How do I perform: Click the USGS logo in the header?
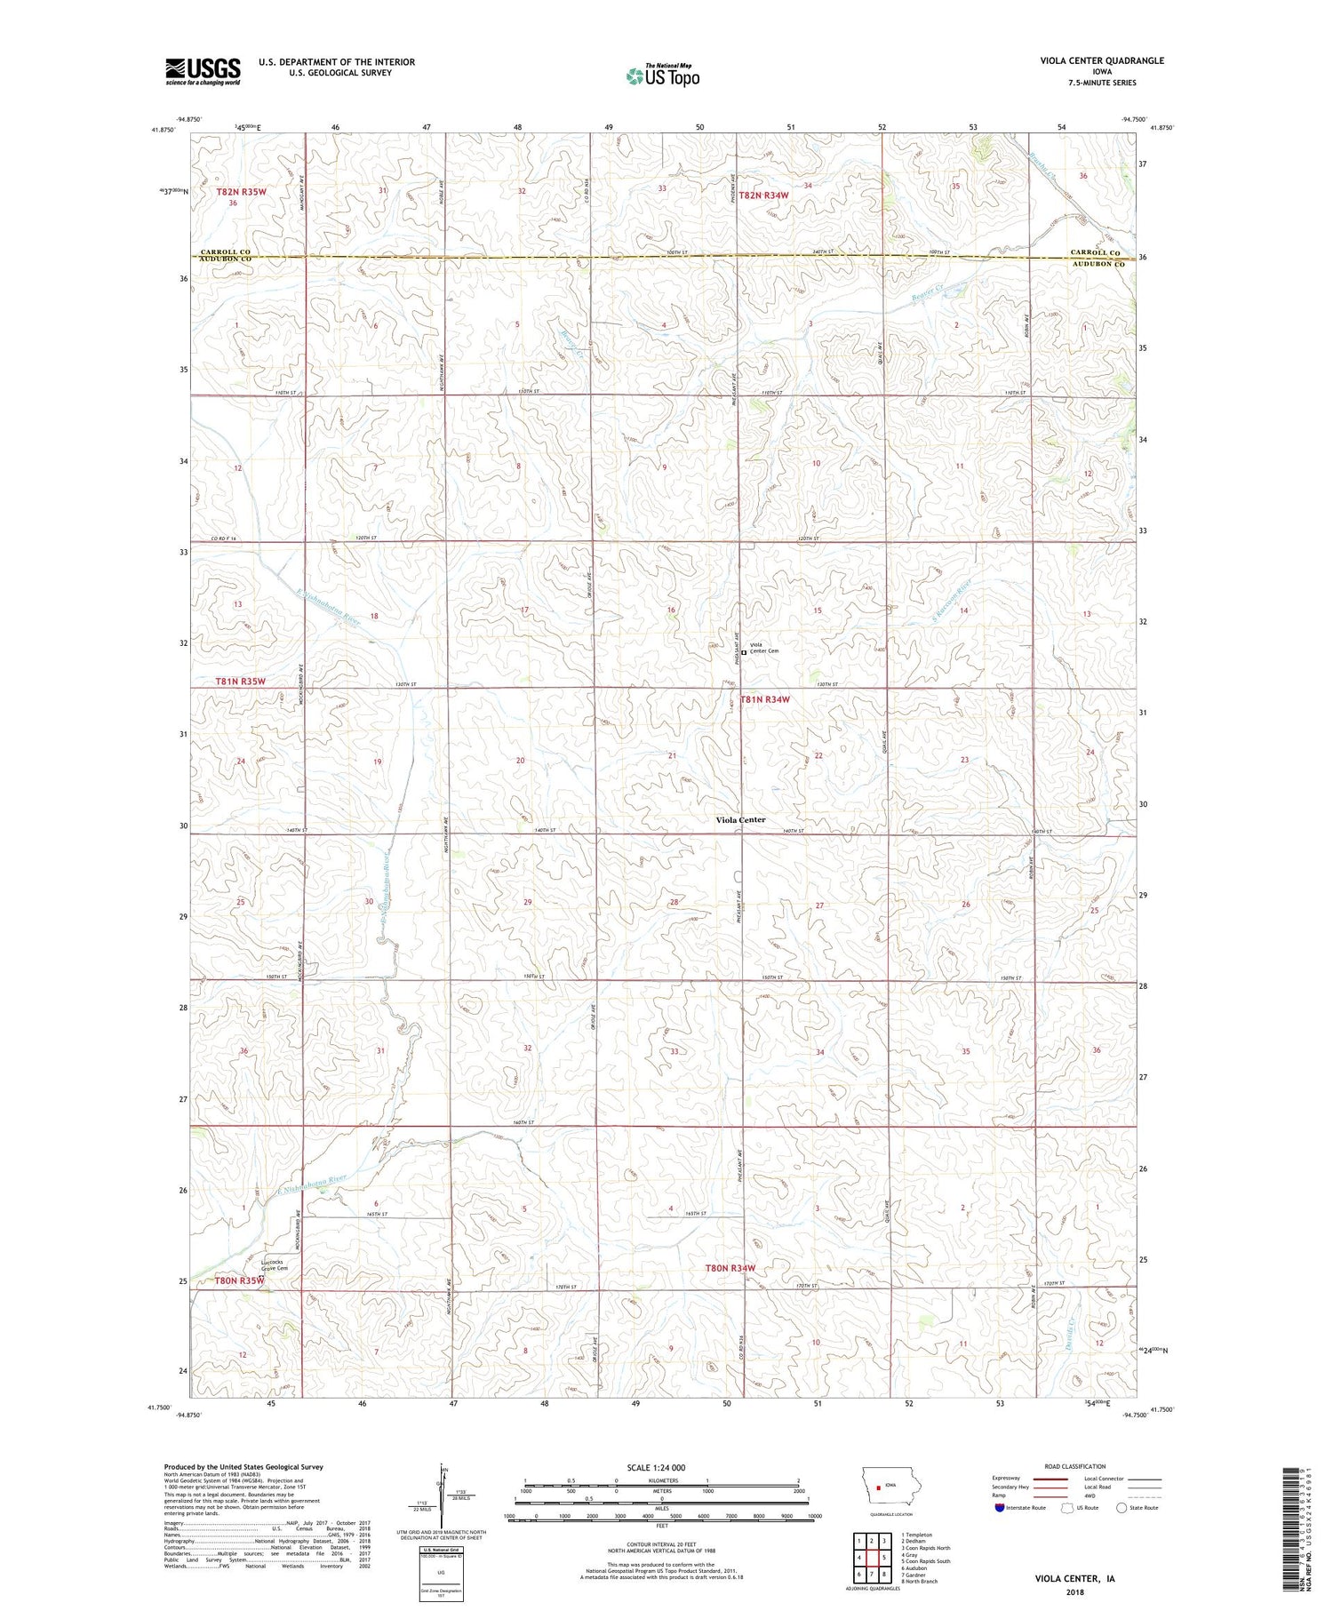tap(203, 71)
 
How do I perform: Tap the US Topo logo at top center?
tap(662, 76)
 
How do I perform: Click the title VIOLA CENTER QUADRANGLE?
tap(1102, 60)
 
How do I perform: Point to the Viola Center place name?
tap(740, 819)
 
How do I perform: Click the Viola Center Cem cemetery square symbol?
tap(744, 652)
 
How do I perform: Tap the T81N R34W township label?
tap(765, 699)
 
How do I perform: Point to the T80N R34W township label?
tap(730, 1268)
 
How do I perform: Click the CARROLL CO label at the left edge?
tap(225, 252)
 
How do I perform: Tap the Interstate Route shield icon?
tap(999, 1508)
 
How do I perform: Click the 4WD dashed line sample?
tap(1144, 1495)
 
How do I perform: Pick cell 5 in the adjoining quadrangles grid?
tap(884, 1558)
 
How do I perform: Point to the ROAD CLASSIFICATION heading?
tap(1075, 1467)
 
